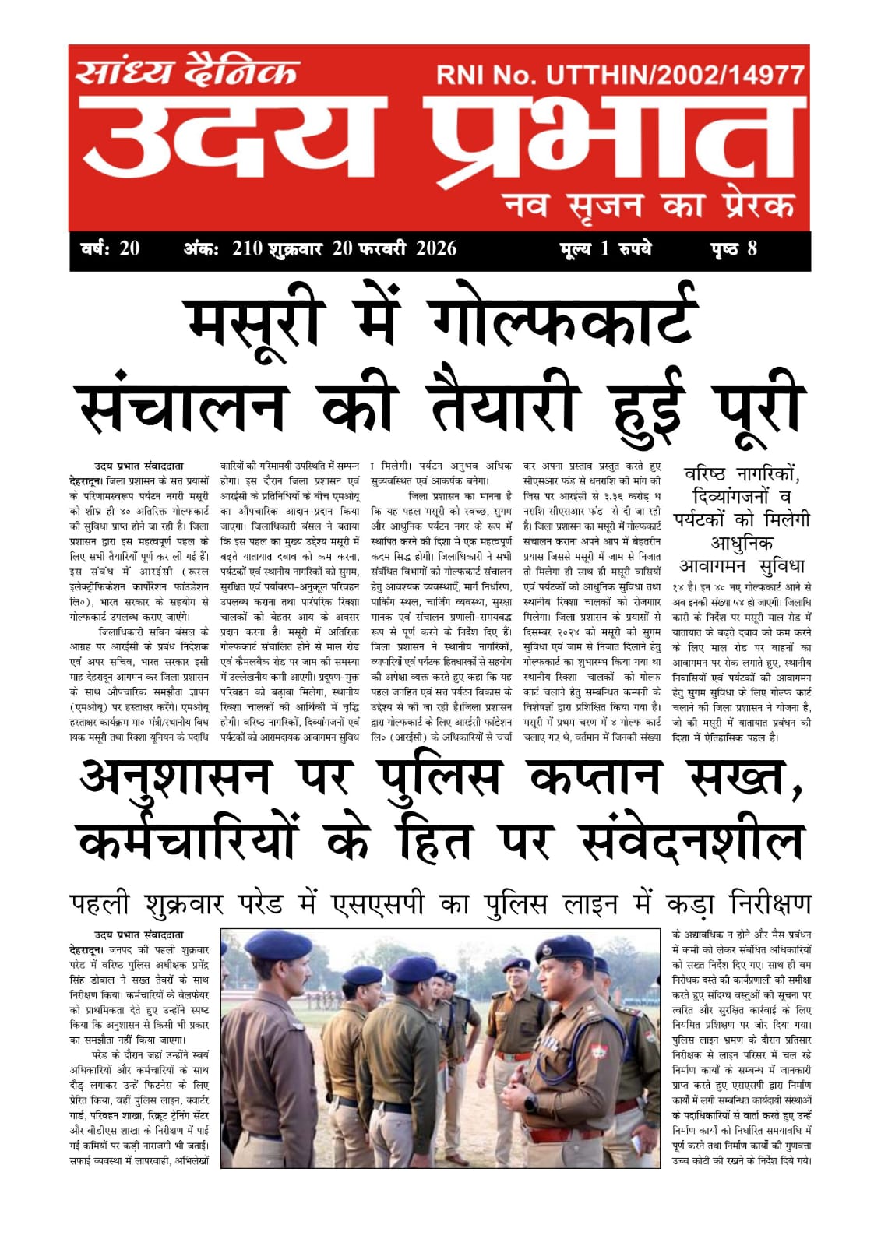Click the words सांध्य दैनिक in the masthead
click(187, 72)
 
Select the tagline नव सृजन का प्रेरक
click(649, 206)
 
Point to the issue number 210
click(248, 249)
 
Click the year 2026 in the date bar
click(436, 249)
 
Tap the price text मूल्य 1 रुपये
click(605, 249)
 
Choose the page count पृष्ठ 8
click(733, 249)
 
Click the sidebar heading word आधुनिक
click(742, 543)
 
